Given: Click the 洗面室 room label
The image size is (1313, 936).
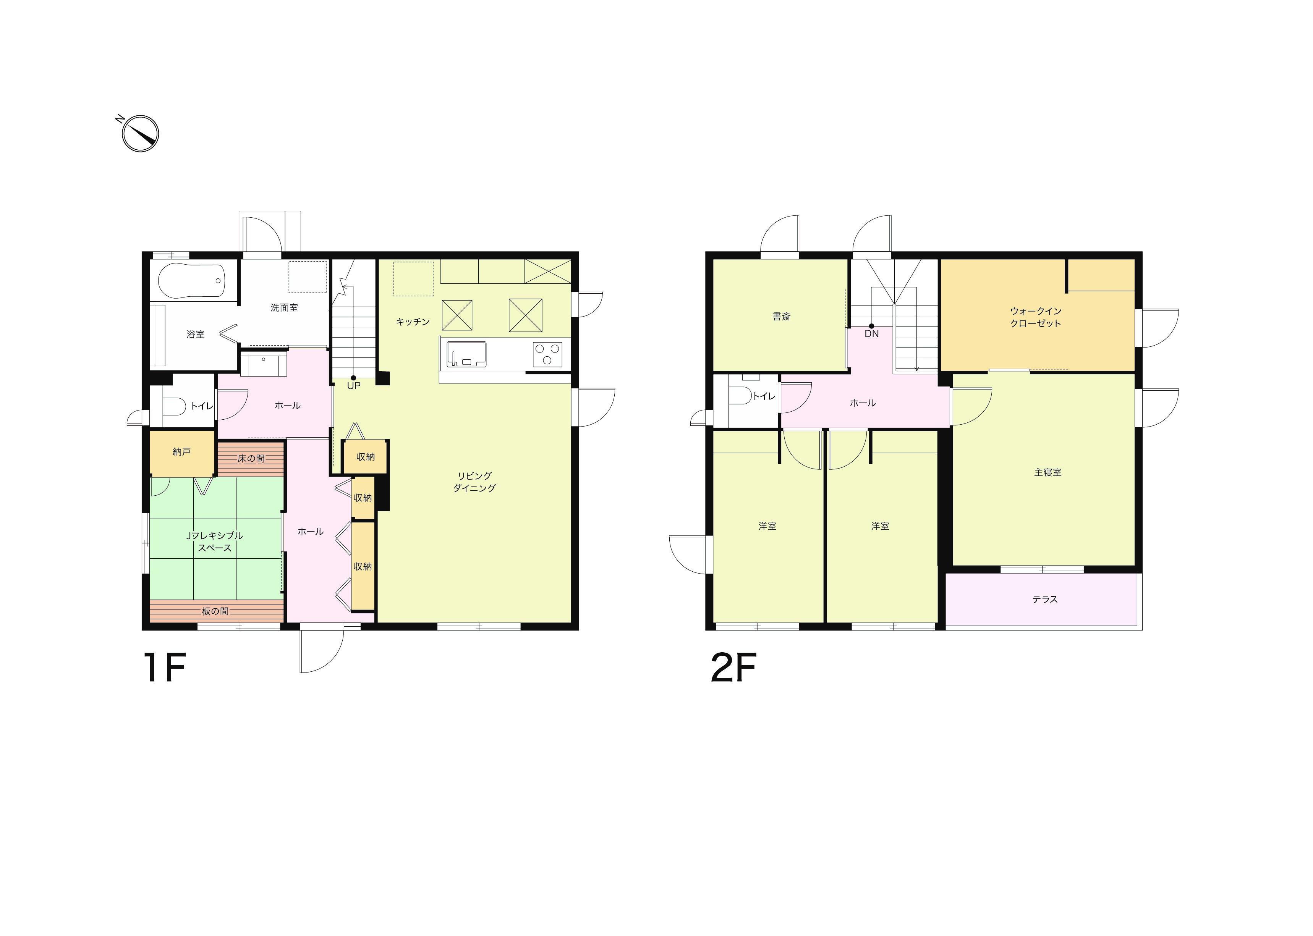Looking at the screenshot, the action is (x=284, y=308).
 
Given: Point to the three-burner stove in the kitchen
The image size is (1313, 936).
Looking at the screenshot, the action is (x=547, y=354).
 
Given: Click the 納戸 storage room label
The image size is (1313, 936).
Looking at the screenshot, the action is (x=181, y=452).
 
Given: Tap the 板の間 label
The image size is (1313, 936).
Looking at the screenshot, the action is (x=215, y=611).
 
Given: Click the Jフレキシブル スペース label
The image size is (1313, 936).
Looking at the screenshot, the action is (x=214, y=542).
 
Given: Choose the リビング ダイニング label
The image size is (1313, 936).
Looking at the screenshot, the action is (x=474, y=482).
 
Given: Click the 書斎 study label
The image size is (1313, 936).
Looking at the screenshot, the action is (x=782, y=317).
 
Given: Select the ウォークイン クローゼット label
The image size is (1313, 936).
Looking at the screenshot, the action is (x=1036, y=317).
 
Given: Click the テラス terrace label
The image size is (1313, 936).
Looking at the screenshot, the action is (x=1045, y=600).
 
